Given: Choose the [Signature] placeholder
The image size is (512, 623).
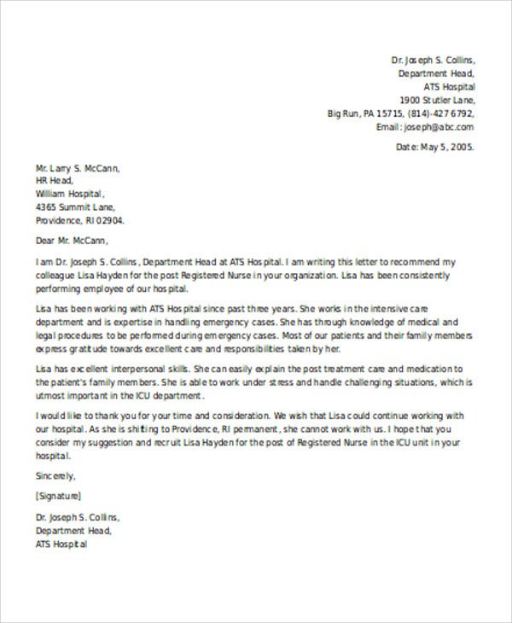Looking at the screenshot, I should click(59, 495).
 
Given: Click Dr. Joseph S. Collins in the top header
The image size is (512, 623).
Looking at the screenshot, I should click(433, 61).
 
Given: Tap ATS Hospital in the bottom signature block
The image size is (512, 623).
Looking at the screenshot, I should click(61, 543).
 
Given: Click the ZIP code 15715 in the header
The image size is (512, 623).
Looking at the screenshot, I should click(390, 114).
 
